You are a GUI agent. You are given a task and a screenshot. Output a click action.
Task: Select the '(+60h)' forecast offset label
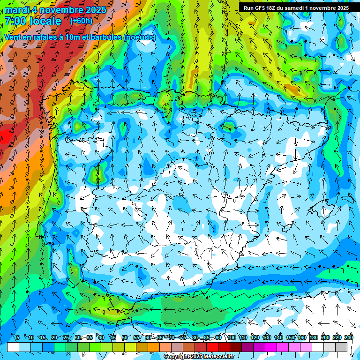click(81, 21)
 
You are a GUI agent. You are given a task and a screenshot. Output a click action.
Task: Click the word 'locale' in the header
click(45, 21)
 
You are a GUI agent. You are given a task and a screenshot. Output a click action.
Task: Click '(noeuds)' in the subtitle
click(139, 37)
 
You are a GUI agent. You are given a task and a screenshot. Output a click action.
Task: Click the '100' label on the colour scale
click(232, 337)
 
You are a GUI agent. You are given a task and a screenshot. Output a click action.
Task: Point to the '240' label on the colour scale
click(349, 337)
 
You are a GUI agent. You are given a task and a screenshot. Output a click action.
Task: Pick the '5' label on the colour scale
click(18, 337)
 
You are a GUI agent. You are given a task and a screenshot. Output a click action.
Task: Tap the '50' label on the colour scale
click(124, 337)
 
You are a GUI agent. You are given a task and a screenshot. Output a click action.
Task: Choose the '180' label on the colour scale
click(314, 337)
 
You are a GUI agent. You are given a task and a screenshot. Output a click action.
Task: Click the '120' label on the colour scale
click(255, 337)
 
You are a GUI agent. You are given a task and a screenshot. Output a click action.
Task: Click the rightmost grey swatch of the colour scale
click(341, 347)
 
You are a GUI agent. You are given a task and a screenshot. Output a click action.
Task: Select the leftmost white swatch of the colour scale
click(13, 347)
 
